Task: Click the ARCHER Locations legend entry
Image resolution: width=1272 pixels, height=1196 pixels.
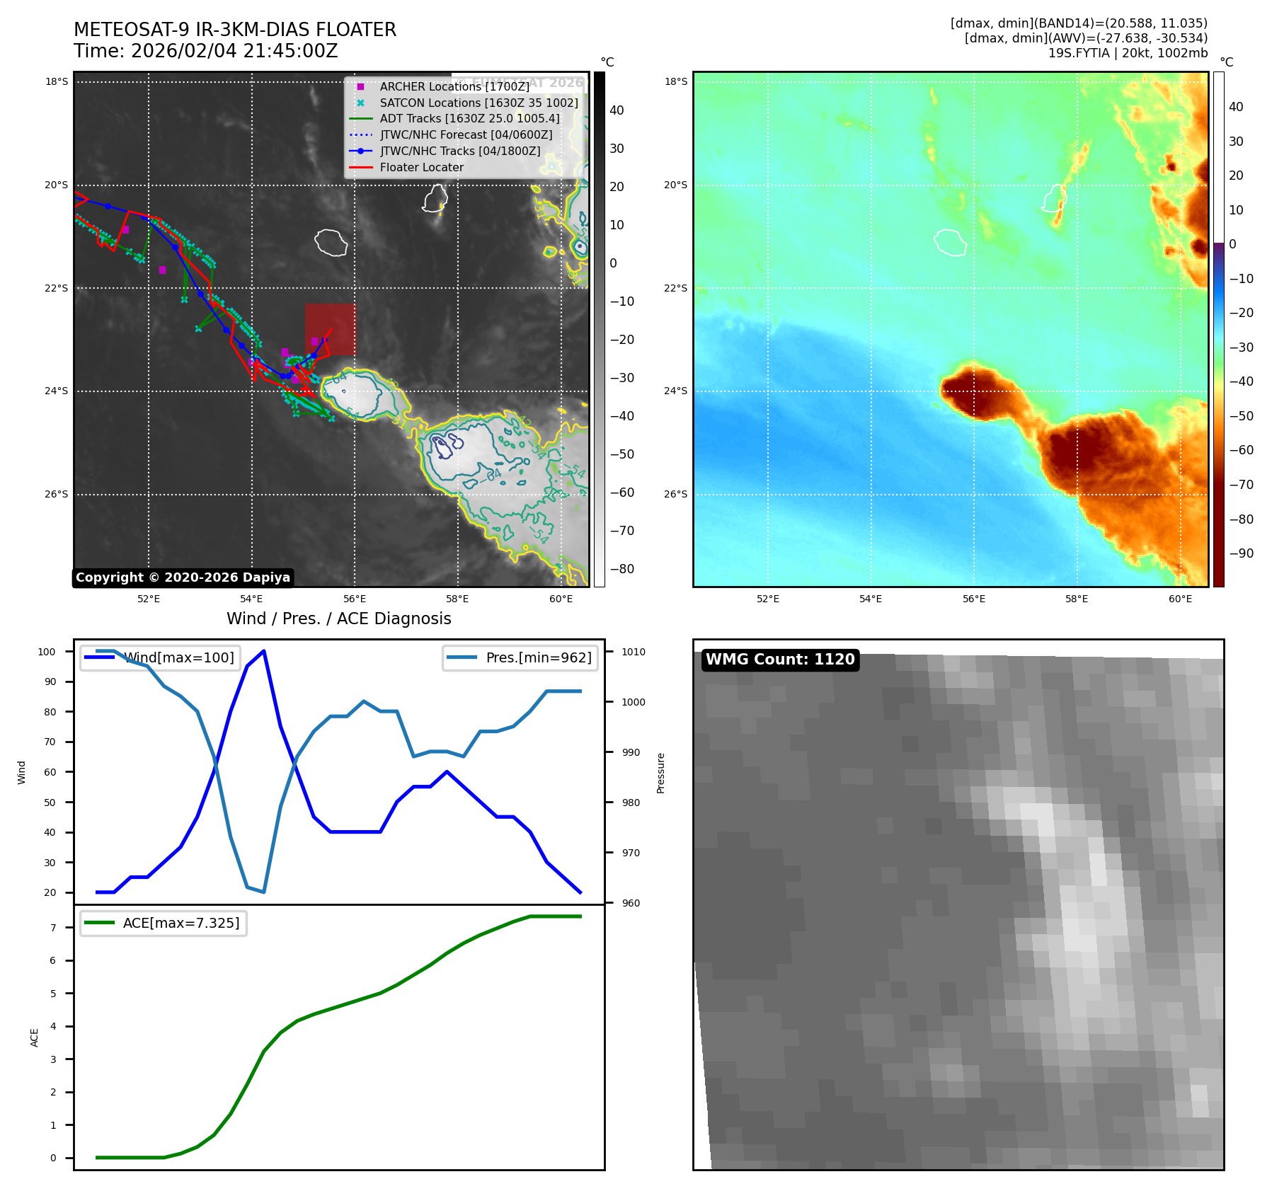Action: (x=454, y=86)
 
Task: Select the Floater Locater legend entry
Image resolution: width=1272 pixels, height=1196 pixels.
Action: (x=421, y=167)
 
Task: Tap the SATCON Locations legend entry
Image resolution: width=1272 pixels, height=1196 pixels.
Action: (x=479, y=103)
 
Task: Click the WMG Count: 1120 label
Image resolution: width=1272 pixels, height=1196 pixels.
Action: (x=780, y=660)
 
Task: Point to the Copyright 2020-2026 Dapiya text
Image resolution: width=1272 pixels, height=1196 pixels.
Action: (x=183, y=577)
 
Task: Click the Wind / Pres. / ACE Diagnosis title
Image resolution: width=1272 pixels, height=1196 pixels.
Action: (x=338, y=619)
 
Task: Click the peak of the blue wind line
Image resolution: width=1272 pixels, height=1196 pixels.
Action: (x=263, y=651)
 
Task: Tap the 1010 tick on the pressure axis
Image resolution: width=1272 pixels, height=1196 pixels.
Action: (x=634, y=652)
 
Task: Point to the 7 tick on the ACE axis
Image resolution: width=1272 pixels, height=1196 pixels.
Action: (x=53, y=928)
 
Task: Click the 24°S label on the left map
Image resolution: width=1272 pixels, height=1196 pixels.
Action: (x=57, y=391)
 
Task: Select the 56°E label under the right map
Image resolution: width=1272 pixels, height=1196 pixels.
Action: (x=973, y=599)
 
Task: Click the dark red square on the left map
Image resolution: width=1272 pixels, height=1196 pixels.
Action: (x=331, y=329)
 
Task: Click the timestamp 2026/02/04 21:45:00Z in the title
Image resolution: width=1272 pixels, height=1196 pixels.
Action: (x=234, y=51)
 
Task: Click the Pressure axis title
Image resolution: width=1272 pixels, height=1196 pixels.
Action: (x=660, y=773)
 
